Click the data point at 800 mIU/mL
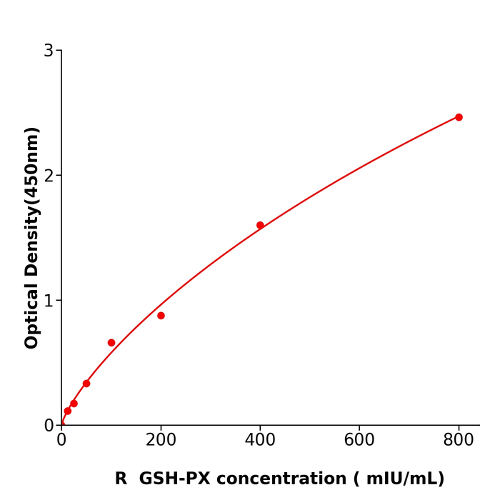(x=459, y=117)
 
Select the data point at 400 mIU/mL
(x=260, y=225)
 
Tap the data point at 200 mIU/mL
(x=161, y=316)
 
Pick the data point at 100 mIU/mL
(x=111, y=343)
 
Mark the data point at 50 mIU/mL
(x=86, y=384)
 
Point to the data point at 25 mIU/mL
(x=74, y=404)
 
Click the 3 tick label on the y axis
(x=49, y=51)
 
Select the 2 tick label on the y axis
(x=49, y=176)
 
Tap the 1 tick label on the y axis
(x=49, y=301)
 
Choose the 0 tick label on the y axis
(x=49, y=426)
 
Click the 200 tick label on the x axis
(x=161, y=441)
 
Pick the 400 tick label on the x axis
(x=260, y=441)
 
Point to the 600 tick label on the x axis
(x=359, y=441)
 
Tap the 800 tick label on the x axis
(x=459, y=441)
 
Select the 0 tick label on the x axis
(x=61, y=441)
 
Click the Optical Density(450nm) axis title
(x=31, y=238)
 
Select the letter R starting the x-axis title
(x=121, y=479)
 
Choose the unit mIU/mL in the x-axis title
(x=409, y=479)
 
